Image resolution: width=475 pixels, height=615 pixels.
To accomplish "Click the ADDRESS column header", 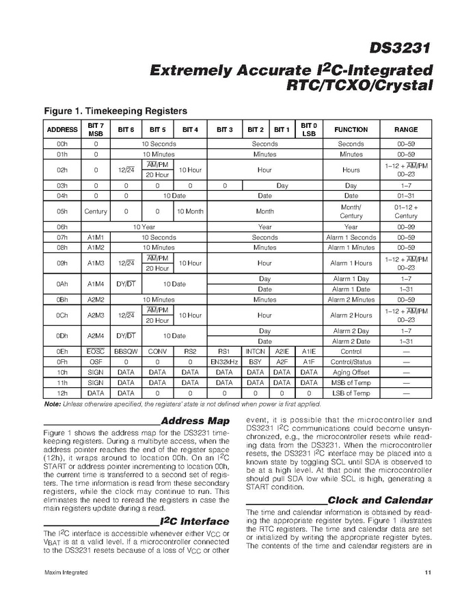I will pos(62,129).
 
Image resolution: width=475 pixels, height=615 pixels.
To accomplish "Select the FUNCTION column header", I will pos(351,129).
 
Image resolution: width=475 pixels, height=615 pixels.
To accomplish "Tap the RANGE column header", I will pos(406,129).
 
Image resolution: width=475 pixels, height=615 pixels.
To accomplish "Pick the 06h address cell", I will pos(62,226).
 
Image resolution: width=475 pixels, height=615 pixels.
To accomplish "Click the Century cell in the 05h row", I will pos(96,211).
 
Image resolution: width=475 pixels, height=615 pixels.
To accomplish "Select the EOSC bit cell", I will pos(96,352).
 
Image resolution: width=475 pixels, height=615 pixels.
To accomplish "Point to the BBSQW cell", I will pos(126,352).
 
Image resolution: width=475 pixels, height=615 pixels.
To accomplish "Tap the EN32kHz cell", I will pos(223,362).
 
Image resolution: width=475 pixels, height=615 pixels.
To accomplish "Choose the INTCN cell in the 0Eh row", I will pos(255,352).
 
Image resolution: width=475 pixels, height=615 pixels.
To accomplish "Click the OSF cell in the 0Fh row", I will pos(96,362).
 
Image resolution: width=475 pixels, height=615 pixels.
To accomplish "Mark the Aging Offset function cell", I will pos(351,372).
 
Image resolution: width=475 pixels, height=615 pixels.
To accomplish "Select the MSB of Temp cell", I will pos(351,382).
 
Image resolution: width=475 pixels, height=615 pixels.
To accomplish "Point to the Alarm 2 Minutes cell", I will pos(351,300).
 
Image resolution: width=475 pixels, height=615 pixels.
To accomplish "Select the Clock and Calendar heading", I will pos(380,500).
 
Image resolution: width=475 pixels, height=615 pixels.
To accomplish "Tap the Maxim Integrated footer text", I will pos(66,572).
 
